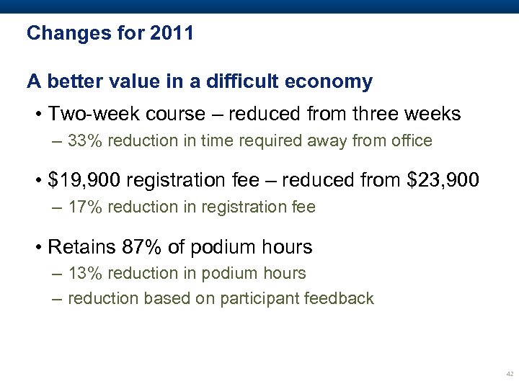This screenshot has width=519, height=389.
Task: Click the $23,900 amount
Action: (443, 180)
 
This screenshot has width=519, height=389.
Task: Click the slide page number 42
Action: (510, 375)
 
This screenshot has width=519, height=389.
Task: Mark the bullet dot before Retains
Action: (38, 248)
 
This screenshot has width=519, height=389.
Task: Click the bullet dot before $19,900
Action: (38, 181)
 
